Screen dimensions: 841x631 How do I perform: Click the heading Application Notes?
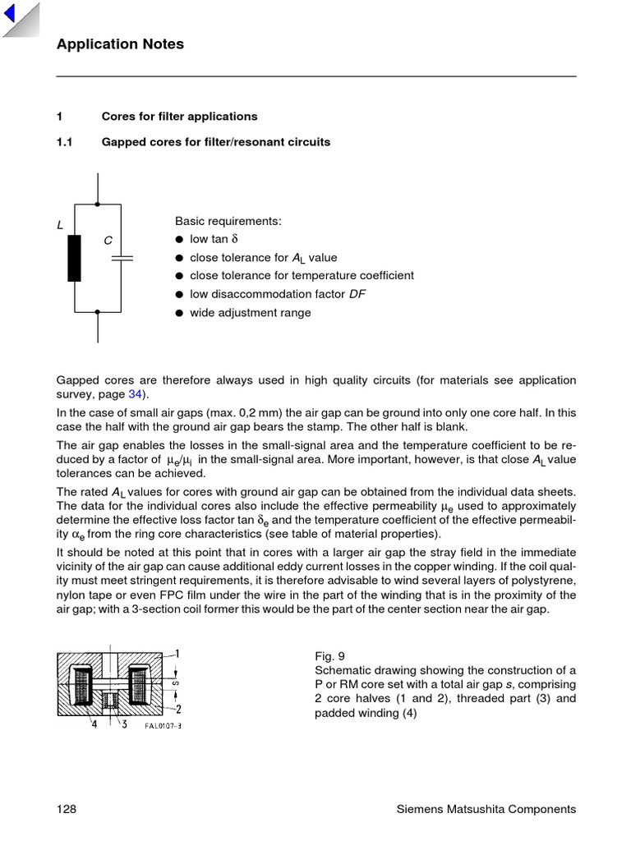point(120,44)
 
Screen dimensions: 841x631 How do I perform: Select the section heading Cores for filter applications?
point(179,117)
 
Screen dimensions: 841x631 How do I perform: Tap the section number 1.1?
point(65,142)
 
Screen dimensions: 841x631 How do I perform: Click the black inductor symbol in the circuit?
point(75,258)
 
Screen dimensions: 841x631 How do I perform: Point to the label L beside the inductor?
point(60,225)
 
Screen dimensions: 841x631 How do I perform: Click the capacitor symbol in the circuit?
point(122,258)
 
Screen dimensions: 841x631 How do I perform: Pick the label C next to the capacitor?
point(108,241)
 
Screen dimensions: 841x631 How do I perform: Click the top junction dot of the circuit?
point(98,204)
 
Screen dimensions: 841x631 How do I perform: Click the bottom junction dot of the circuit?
point(98,312)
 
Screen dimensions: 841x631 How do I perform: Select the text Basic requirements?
point(228,222)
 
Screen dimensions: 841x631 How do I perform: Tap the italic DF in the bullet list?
point(357,294)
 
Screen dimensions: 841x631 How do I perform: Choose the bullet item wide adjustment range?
point(250,313)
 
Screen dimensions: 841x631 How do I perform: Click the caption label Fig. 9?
point(329,656)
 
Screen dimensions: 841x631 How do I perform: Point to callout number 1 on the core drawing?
point(177,655)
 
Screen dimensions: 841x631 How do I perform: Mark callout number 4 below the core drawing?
point(95,724)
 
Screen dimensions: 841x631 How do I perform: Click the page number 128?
point(67,810)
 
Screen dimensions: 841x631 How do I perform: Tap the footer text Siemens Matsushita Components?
point(486,810)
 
